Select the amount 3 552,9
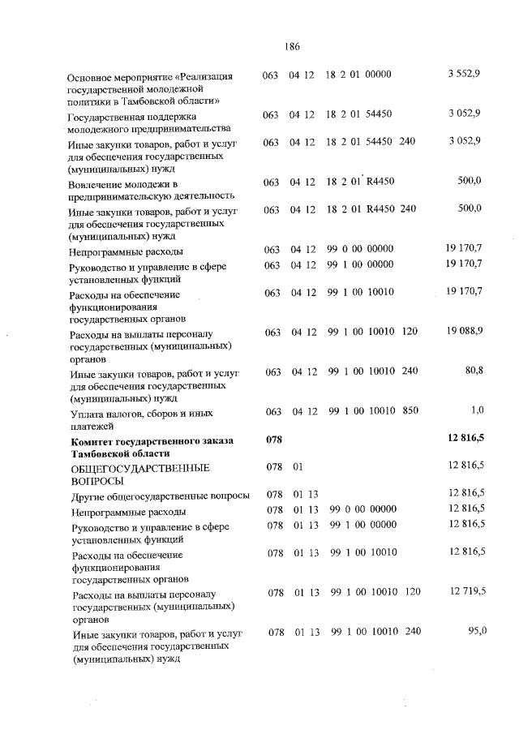(x=464, y=75)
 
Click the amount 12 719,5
(x=466, y=593)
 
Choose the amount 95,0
(x=474, y=632)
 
